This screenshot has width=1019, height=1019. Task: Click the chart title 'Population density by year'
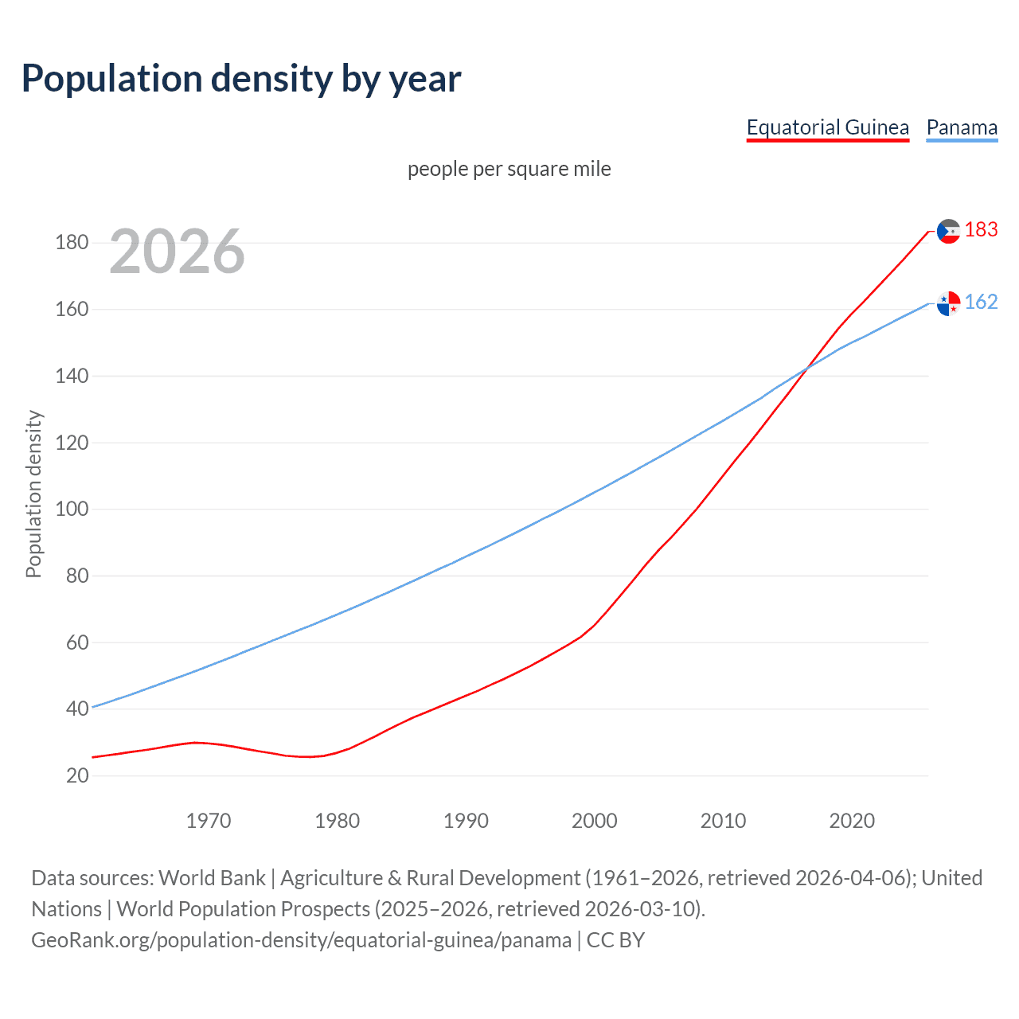241,79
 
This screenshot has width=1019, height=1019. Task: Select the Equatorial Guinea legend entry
827,127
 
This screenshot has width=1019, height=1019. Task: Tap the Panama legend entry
962,127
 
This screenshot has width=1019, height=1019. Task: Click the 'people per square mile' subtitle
509,169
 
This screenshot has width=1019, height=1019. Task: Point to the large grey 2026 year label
177,252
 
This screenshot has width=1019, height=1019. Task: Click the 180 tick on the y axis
72,242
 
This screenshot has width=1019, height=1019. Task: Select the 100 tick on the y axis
72,509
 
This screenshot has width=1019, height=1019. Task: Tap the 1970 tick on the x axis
209,821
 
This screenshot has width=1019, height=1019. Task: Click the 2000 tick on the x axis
595,821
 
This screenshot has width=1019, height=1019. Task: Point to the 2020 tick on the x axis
852,821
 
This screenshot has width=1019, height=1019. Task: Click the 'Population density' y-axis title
33,494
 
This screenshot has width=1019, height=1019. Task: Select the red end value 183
981,230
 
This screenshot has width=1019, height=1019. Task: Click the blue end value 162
981,303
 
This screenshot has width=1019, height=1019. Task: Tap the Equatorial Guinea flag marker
948,232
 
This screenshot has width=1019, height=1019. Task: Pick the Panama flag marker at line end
948,303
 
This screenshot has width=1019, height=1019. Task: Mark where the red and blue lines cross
807,369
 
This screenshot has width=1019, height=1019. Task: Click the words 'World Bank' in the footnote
212,878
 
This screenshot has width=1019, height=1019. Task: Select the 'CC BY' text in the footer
615,940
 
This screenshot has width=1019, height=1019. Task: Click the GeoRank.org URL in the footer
301,940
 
